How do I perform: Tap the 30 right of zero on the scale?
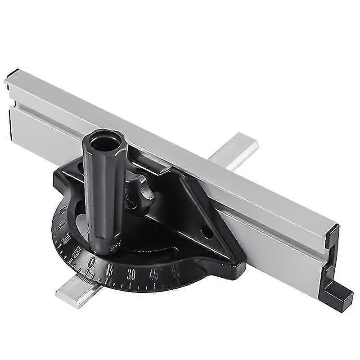(x=132, y=272)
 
